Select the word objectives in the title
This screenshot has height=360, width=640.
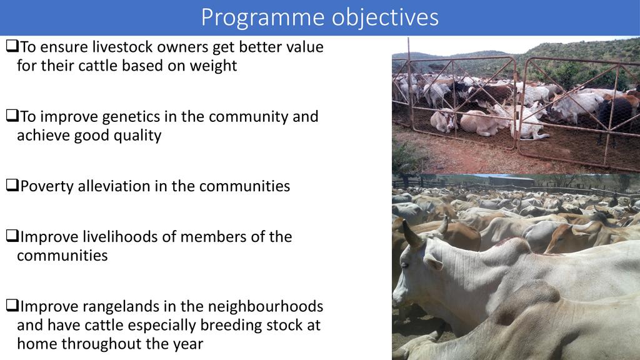(385, 18)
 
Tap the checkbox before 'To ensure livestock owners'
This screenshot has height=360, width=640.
(12, 46)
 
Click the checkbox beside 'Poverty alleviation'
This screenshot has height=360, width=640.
(12, 185)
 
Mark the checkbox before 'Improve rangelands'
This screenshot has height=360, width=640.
(12, 305)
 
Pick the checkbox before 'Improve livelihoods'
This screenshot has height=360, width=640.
(12, 236)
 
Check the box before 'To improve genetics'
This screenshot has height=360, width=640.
(12, 116)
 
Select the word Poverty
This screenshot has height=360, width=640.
(47, 187)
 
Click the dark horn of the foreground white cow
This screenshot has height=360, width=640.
(411, 234)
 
